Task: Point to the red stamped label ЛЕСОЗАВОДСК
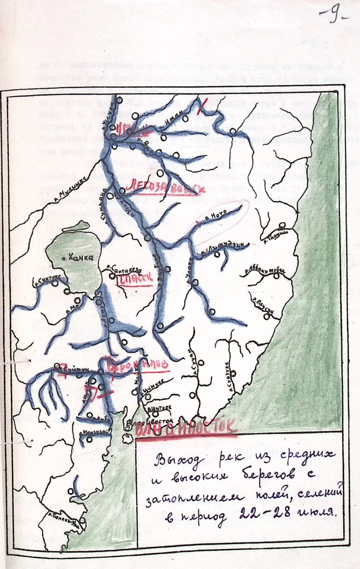point(165,188)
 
